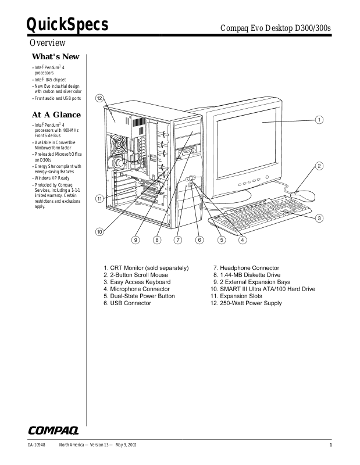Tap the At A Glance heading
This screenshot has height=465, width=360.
57,115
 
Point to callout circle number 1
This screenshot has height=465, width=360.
319,120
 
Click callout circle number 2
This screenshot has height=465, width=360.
319,166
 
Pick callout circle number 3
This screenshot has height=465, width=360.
319,218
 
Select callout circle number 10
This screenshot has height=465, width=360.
99,231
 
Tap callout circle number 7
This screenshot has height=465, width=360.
178,239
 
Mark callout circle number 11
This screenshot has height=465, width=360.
99,198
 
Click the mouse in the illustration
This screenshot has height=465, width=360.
301,196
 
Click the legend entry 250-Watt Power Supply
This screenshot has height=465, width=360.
246,303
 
